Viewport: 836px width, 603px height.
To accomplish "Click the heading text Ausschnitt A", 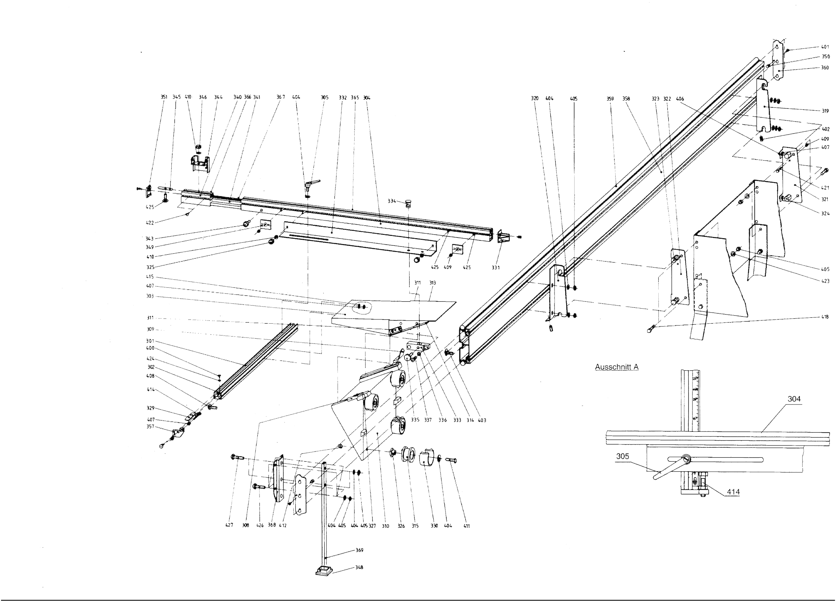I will click(x=617, y=367).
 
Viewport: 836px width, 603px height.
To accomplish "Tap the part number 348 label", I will click(x=359, y=567).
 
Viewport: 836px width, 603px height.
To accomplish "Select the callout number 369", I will click(x=359, y=550).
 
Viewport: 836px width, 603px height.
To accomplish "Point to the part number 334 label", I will click(x=392, y=201).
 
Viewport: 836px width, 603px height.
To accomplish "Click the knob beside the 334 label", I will click(x=408, y=203).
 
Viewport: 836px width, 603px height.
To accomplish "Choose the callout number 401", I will click(x=825, y=47).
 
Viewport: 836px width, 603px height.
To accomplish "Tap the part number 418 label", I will click(x=825, y=317).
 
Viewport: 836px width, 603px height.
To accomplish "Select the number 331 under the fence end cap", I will click(x=495, y=268).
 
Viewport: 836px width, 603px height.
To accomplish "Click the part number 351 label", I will click(x=164, y=97).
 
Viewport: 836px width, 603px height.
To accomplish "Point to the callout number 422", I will click(x=150, y=223).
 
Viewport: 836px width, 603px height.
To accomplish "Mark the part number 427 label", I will click(x=229, y=525).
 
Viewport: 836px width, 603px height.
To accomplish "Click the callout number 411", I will click(x=467, y=526).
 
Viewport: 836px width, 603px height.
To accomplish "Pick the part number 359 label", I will click(x=610, y=99).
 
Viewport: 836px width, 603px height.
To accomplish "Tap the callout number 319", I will click(x=825, y=111).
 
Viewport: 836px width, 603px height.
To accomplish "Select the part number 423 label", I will click(x=825, y=281).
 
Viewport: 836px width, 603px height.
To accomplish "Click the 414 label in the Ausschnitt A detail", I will click(x=733, y=492).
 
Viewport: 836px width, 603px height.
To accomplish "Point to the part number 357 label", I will click(x=150, y=426).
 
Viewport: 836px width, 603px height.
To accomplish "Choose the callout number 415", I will click(x=150, y=277).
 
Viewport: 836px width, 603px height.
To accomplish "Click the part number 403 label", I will click(x=482, y=420).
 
